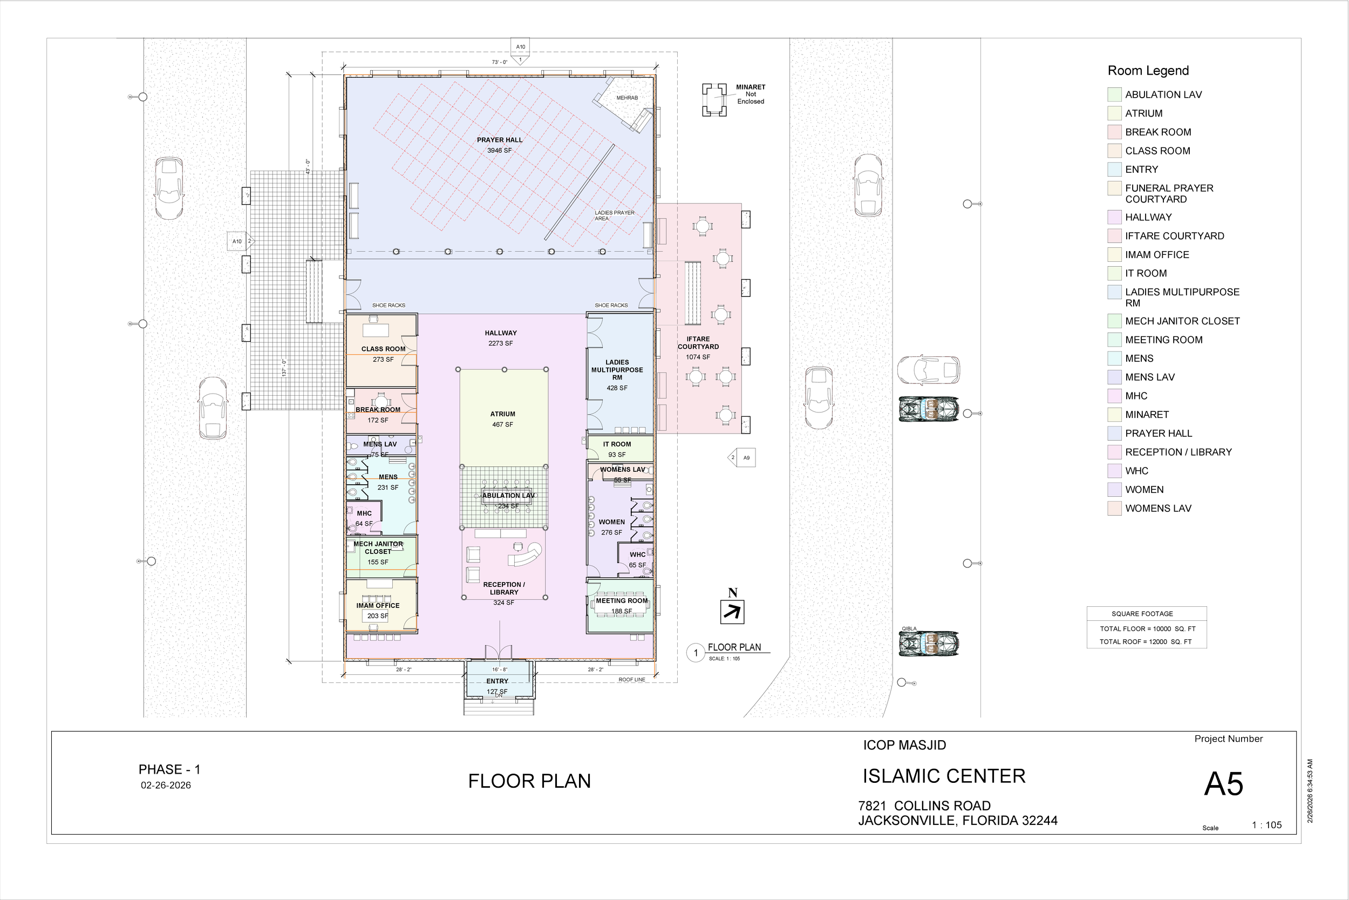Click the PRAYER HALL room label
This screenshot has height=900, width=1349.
[x=500, y=140]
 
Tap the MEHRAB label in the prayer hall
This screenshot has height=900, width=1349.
[x=627, y=98]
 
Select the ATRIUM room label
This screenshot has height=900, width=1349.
[x=502, y=414]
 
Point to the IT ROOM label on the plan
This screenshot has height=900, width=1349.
[x=617, y=444]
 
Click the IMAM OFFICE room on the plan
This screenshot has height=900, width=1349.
[x=377, y=606]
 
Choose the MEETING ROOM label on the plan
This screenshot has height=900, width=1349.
[x=621, y=601]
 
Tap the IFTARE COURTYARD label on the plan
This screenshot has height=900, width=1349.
[x=698, y=343]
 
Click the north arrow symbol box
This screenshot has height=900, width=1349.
[x=732, y=612]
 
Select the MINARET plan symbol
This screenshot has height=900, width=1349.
[x=714, y=100]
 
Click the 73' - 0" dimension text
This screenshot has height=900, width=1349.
[x=500, y=62]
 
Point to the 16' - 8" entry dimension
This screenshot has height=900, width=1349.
[x=500, y=670]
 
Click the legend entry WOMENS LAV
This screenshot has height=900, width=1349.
[x=1158, y=509]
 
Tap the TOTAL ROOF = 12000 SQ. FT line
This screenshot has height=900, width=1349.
[x=1146, y=642]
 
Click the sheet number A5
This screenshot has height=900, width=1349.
[x=1223, y=784]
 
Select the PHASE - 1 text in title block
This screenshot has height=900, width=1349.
[x=169, y=770]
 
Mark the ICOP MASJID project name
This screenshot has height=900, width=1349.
[x=904, y=746]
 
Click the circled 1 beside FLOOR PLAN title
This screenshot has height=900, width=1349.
[x=696, y=653]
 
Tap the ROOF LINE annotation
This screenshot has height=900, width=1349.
[x=631, y=680]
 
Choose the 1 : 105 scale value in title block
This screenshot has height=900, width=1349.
[x=1266, y=825]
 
